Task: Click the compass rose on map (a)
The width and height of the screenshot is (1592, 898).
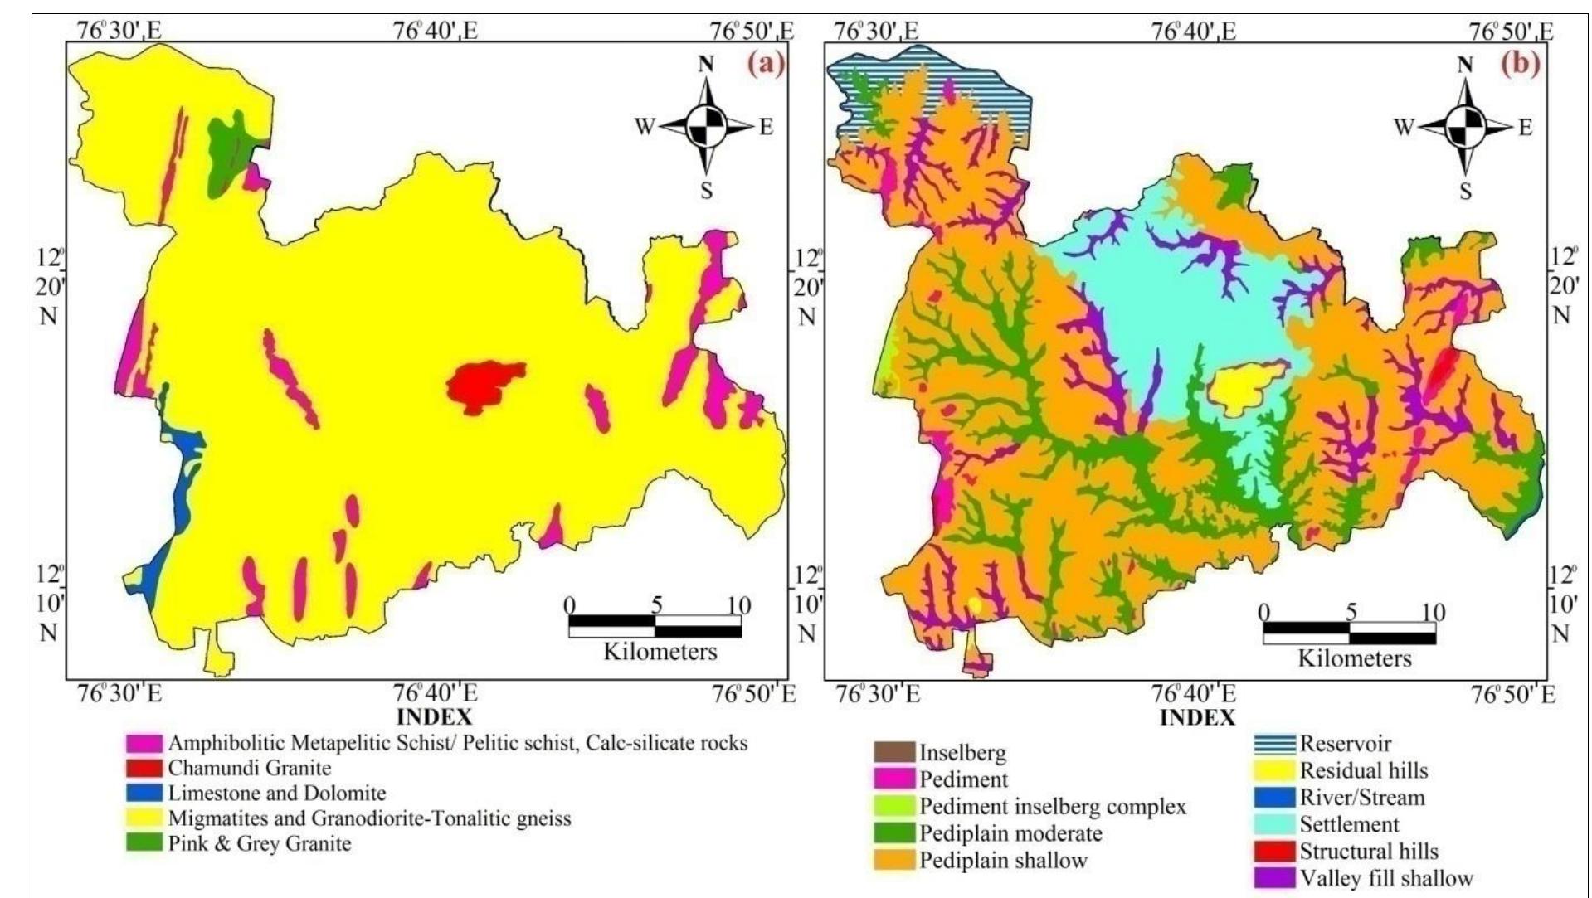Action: click(706, 127)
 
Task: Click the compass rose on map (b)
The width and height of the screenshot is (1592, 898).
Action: click(1466, 127)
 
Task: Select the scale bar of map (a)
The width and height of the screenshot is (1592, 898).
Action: click(655, 626)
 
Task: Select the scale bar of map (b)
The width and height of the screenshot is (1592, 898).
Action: click(1350, 633)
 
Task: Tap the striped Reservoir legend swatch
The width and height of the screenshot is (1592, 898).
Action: click(1274, 745)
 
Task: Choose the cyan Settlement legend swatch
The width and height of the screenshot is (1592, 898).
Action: click(1274, 825)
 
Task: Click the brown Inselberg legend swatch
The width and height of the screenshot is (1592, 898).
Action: click(894, 753)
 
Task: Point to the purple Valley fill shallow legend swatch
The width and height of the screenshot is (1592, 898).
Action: click(1274, 878)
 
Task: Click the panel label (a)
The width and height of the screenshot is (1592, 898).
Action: click(765, 66)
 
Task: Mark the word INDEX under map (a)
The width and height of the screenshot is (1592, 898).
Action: click(435, 716)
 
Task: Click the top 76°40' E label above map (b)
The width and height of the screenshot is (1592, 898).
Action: click(1194, 32)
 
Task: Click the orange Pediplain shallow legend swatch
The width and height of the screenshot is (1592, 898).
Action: click(894, 860)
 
